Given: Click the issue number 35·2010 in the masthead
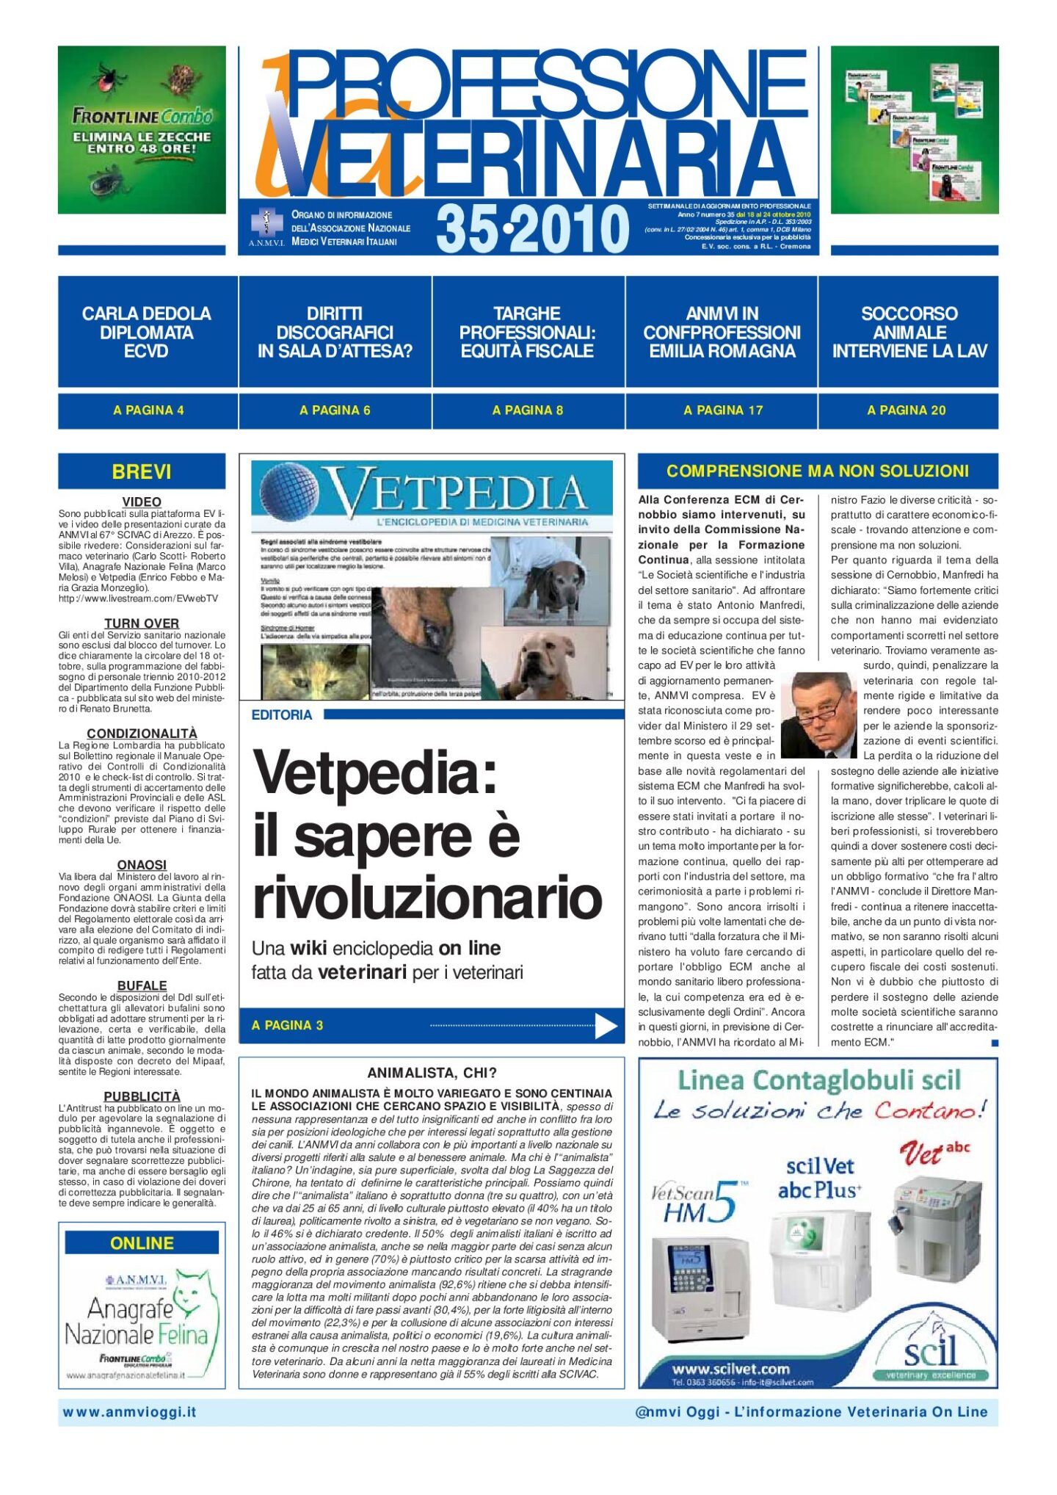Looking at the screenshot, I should [x=533, y=228].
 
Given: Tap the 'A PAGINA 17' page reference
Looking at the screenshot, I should [x=722, y=410].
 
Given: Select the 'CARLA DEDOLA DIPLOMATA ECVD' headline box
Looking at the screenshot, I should [x=147, y=333].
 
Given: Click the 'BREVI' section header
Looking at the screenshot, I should [x=142, y=471].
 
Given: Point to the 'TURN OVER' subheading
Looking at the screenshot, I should [x=142, y=623].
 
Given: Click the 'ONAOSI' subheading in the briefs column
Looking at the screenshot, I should [x=142, y=865].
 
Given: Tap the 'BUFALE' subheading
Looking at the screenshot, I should [x=142, y=985].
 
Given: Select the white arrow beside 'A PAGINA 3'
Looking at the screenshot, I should [x=606, y=1026].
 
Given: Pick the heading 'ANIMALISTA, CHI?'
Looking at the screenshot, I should [x=432, y=1073].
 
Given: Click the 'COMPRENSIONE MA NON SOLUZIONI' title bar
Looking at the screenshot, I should [x=817, y=471].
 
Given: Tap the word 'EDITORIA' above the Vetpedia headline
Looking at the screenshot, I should [x=281, y=715].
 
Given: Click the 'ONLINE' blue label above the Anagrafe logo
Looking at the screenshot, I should [x=142, y=1243].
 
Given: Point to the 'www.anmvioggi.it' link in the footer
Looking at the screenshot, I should [x=130, y=1412].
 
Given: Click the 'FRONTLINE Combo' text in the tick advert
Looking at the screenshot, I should [x=142, y=116].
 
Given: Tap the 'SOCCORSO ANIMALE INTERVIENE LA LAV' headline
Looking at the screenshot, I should [x=909, y=333].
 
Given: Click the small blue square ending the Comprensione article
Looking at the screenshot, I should [x=995, y=1043].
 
